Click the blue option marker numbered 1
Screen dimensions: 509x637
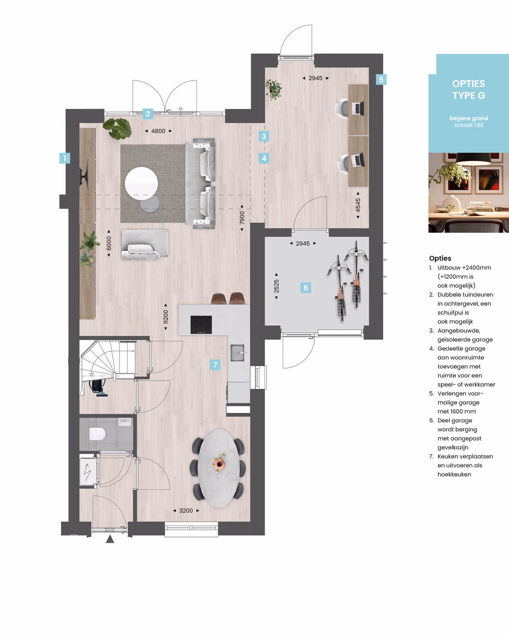(65, 158)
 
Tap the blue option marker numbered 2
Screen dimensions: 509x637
(148, 114)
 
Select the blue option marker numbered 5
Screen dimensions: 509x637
(381, 79)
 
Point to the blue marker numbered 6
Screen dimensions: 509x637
(306, 288)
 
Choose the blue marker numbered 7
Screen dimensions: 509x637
(215, 365)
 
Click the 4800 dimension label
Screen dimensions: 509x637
(158, 131)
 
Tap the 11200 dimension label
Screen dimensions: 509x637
(166, 317)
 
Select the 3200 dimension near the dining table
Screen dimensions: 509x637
(186, 510)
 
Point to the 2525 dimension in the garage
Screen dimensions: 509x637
(276, 286)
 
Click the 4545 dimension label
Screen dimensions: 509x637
(358, 205)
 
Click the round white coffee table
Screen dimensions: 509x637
(141, 183)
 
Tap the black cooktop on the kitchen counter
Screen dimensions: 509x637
(201, 325)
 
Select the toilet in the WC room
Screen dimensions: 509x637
(97, 434)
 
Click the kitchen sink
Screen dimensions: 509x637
(237, 353)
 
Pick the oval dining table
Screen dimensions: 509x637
(219, 468)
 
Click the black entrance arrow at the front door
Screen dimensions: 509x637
(110, 539)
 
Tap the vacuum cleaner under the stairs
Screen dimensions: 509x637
(98, 388)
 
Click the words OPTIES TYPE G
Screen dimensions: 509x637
(469, 90)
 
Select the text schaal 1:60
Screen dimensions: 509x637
(469, 125)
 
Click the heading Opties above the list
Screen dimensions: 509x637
(440, 258)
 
